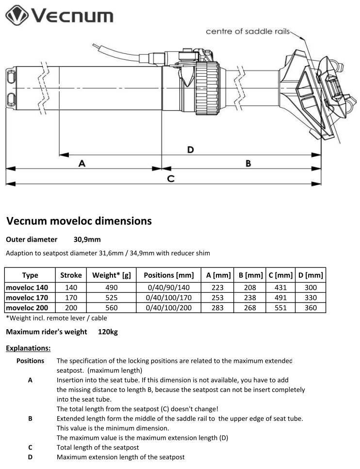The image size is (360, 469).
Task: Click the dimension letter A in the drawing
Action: (82, 164)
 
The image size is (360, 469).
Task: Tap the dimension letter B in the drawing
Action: (248, 164)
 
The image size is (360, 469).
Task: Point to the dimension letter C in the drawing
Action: (171, 178)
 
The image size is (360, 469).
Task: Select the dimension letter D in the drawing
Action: (190, 150)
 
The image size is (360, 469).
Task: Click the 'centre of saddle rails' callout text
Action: (247, 32)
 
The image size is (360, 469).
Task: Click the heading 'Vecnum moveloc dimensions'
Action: (79, 221)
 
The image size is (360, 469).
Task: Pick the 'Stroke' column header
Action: (71, 275)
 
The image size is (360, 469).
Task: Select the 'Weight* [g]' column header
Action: (111, 275)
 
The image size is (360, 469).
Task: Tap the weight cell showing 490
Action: (111, 287)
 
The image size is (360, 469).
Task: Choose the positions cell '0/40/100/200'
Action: (169, 307)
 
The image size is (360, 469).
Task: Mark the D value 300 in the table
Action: (311, 287)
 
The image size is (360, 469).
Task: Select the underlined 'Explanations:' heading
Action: (28, 348)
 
